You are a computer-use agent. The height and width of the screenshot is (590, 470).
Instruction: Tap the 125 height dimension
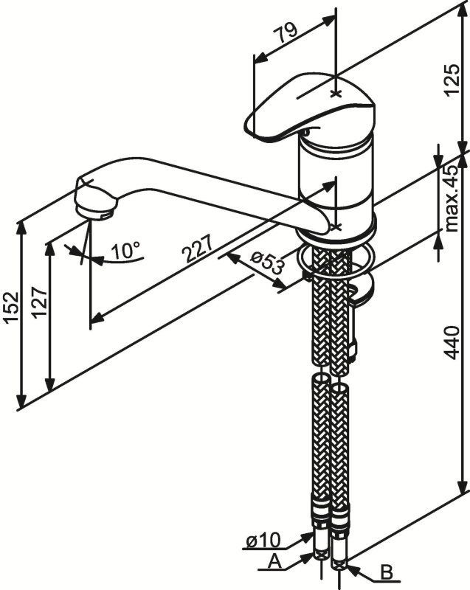coord(452,86)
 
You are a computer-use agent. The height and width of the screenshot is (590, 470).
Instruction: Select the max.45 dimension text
coord(451,198)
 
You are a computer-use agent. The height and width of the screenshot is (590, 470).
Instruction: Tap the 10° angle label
coord(125,251)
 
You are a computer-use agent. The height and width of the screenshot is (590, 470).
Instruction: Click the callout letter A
coord(274,562)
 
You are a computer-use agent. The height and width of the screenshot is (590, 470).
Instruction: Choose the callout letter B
coord(385,572)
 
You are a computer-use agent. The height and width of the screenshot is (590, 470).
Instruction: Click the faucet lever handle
coord(310,107)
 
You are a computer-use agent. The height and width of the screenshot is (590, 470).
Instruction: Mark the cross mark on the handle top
coord(336,94)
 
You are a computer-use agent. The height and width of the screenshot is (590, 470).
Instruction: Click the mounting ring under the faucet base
coord(336,260)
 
